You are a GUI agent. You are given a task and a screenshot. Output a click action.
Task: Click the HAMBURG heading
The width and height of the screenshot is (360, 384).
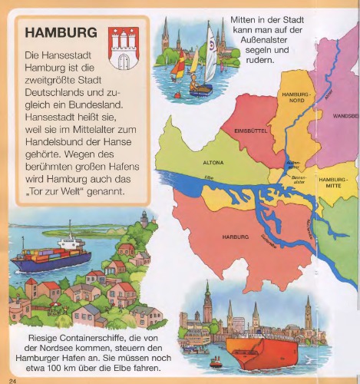coord(61,34)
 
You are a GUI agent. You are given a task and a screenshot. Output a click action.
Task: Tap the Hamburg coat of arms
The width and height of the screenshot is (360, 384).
coord(124,48)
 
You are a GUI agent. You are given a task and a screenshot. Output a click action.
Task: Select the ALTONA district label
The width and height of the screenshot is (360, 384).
coord(213,164)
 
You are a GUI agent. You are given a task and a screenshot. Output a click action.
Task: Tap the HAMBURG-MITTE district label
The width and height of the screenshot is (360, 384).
coord(333,181)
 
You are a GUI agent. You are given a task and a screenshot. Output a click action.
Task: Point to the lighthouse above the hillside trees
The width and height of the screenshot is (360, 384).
coord(144,218)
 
